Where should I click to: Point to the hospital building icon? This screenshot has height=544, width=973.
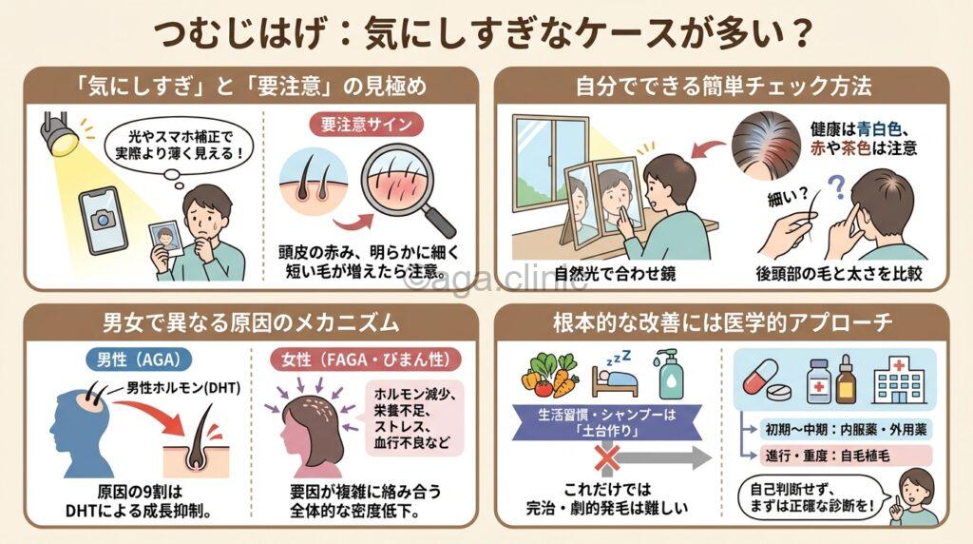pos(898,379)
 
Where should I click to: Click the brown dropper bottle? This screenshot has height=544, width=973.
pos(846,378)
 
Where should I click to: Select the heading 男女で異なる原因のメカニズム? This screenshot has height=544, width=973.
pos(250,322)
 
